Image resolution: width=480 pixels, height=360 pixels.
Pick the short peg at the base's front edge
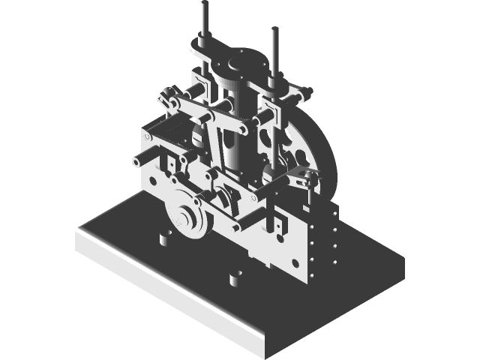point(234,279)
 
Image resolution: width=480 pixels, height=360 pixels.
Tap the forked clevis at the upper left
point(166,97)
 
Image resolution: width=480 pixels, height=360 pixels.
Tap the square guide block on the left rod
point(200,80)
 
